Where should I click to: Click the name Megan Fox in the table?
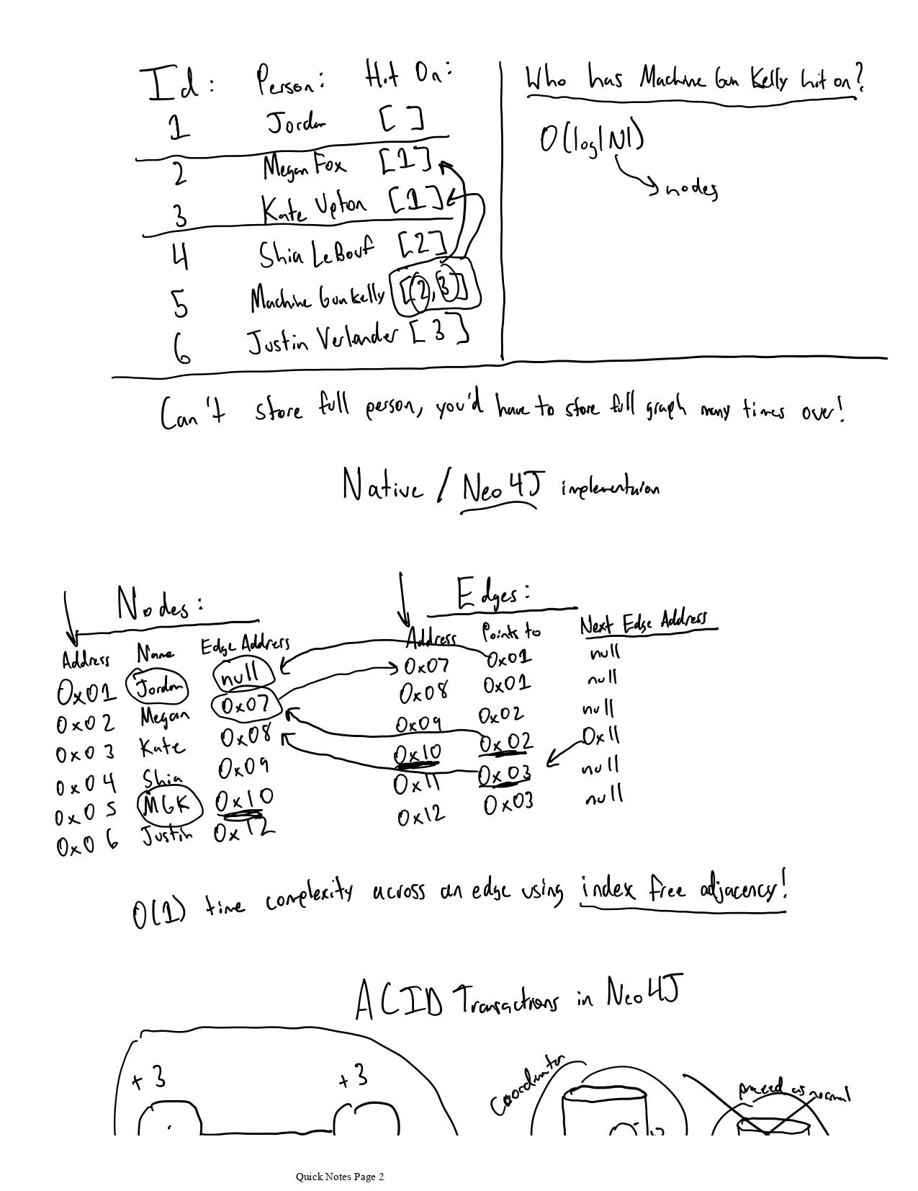[304, 167]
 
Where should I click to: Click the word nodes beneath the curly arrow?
[690, 189]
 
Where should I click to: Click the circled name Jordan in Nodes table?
[157, 687]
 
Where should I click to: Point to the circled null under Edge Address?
[243, 675]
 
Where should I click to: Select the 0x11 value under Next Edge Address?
[600, 737]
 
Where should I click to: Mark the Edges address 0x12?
[421, 817]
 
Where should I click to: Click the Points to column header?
[510, 632]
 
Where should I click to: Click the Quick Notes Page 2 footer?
[340, 1177]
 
